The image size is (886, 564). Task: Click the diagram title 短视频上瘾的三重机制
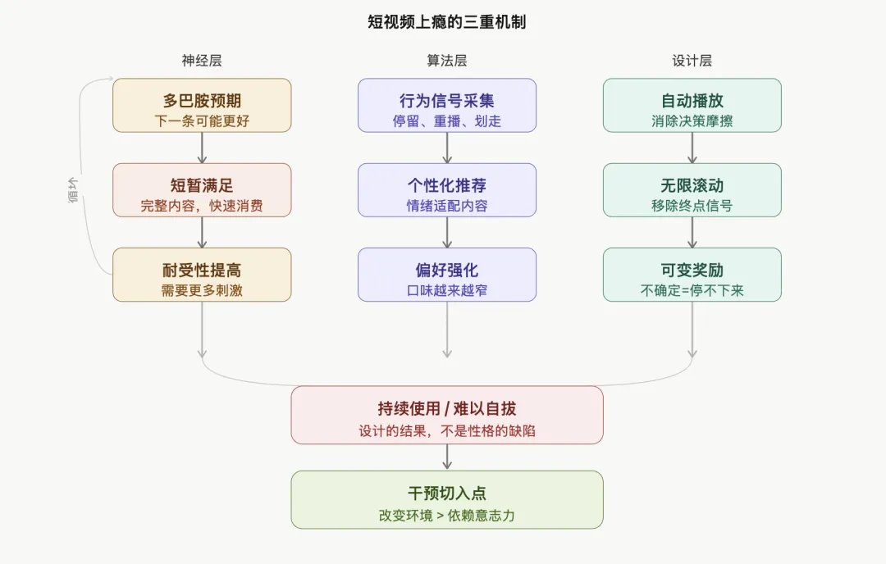point(446,22)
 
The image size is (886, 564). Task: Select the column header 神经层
point(202,61)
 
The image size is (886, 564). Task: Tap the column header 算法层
point(447,61)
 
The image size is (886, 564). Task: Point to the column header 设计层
point(692,61)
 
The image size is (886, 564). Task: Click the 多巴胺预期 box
point(202,106)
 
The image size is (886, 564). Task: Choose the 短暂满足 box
point(202,190)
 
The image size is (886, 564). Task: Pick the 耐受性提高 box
point(202,275)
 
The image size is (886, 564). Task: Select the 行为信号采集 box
point(447,106)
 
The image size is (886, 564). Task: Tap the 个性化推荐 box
point(447,190)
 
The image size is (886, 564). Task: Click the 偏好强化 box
point(447,275)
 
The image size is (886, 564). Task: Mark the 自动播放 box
point(692,106)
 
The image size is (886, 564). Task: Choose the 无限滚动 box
point(692,190)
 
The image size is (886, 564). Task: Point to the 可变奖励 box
point(692,275)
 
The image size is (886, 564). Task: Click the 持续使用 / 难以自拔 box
point(447,415)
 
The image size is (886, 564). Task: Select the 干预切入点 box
point(447,499)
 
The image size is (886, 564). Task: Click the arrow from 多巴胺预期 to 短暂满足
point(202,148)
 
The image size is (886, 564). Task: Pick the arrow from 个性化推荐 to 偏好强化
point(447,232)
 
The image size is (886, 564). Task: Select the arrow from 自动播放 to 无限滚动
point(692,148)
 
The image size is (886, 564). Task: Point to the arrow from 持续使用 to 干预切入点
point(447,457)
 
